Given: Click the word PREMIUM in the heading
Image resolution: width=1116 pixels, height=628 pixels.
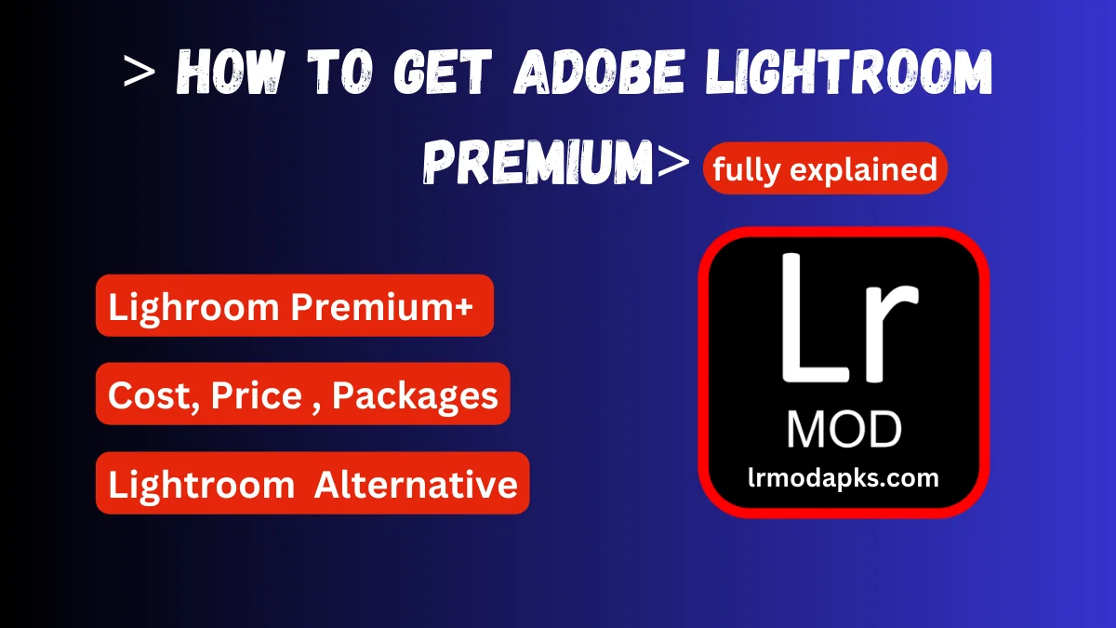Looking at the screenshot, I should click(538, 165).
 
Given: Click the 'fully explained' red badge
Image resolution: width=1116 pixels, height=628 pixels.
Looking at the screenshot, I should click(825, 168).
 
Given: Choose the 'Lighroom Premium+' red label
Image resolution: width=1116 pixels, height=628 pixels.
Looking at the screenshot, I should click(294, 306).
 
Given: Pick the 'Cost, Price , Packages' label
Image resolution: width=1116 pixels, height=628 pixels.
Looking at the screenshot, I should click(303, 395).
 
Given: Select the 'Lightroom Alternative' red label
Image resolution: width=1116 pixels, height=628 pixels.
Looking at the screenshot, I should click(312, 484).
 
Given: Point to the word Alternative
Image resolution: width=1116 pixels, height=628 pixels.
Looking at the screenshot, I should click(416, 484).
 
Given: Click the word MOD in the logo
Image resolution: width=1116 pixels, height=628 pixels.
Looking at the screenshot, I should click(844, 430).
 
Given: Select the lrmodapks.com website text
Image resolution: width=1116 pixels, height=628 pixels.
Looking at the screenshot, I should click(844, 478).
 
